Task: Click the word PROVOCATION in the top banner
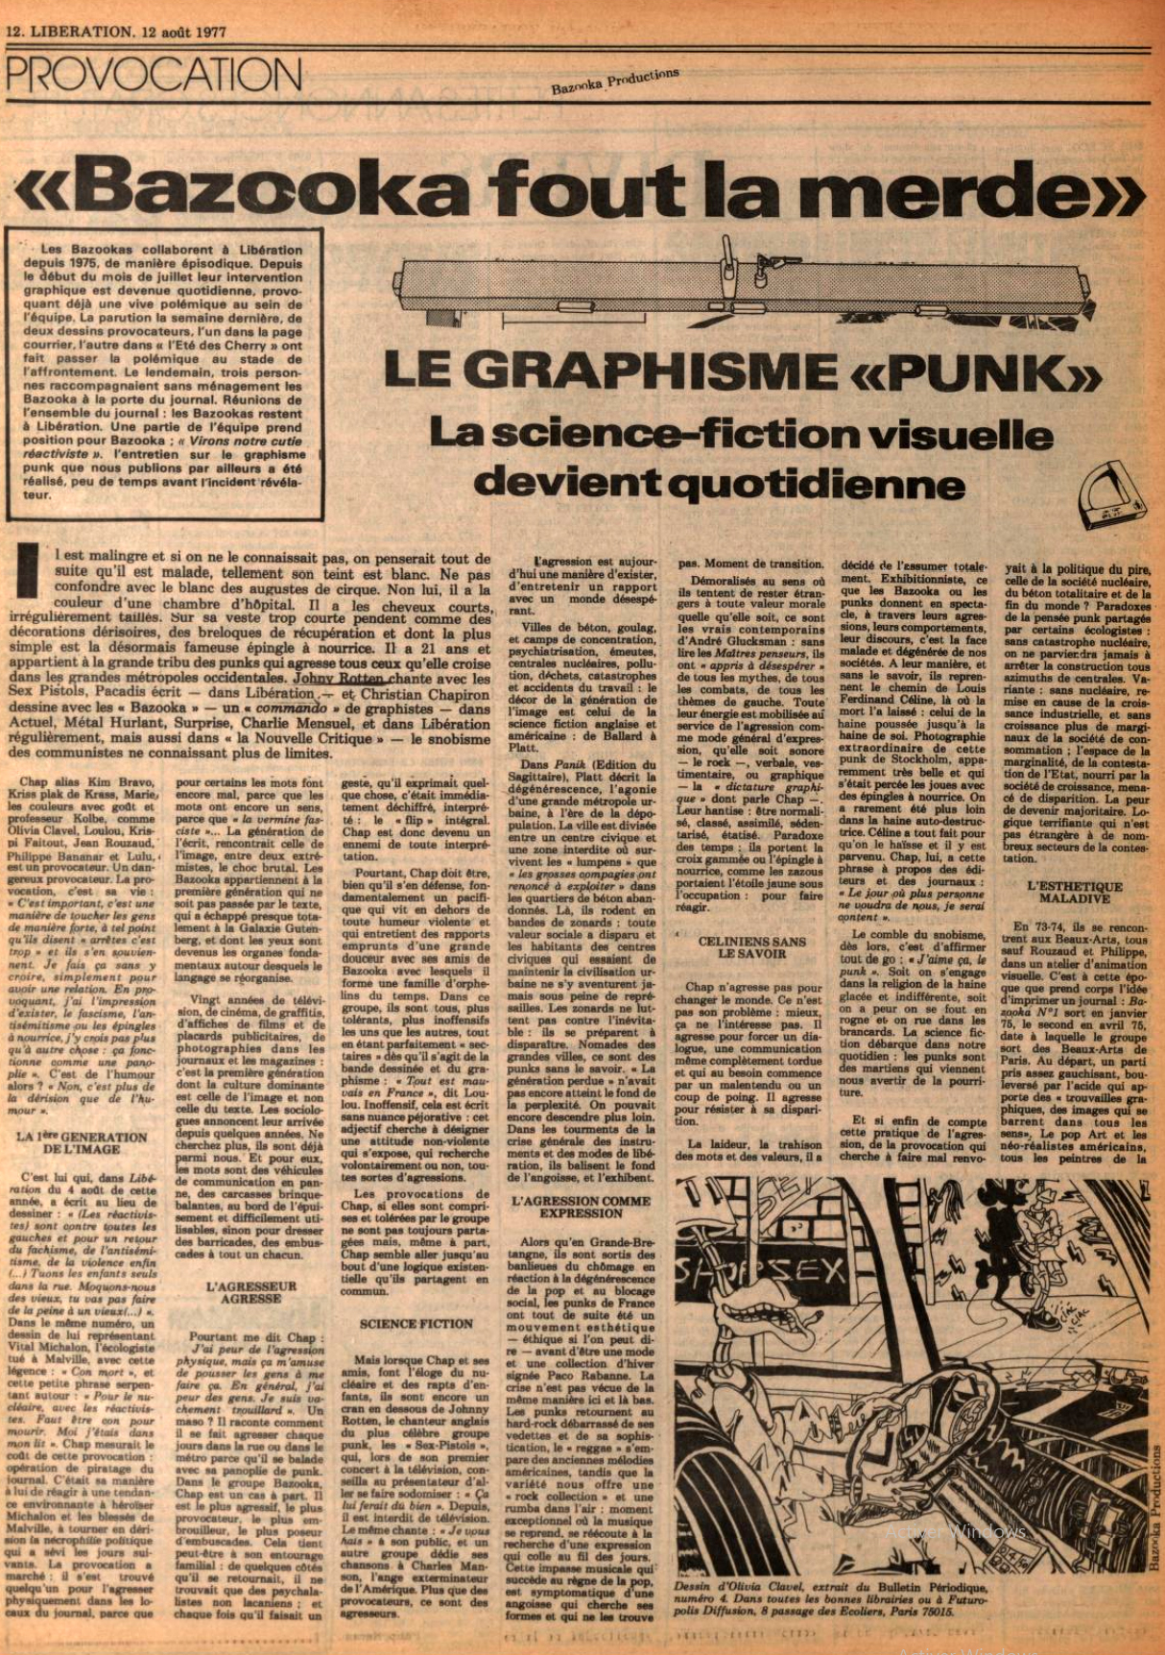point(155,75)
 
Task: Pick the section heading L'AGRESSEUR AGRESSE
point(250,1291)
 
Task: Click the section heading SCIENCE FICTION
point(416,1323)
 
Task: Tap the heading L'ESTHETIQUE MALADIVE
point(1074,892)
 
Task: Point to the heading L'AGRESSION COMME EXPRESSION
point(582,1207)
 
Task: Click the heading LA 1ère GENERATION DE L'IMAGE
point(82,1142)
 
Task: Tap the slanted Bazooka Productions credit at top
point(614,83)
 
